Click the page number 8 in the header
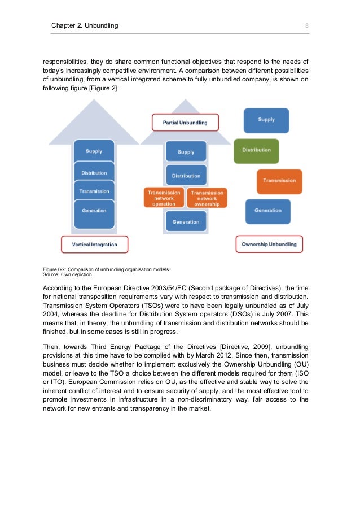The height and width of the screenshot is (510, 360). click(306, 25)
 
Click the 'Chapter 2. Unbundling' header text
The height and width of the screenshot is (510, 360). click(85, 25)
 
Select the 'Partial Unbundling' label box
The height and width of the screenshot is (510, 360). click(185, 123)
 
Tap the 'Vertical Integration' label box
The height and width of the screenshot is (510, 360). click(95, 245)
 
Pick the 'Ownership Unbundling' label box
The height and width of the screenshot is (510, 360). click(269, 245)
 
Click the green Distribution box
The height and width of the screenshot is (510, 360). click(256, 150)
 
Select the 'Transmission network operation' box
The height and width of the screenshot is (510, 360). click(164, 198)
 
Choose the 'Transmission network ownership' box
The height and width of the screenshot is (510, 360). click(207, 198)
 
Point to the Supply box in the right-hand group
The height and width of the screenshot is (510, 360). click(266, 120)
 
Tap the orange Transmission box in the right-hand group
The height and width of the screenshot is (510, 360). click(279, 181)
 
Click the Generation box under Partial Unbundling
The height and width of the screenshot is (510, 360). click(186, 222)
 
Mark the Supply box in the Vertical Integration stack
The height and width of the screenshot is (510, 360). click(94, 151)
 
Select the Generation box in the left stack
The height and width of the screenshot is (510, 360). click(94, 211)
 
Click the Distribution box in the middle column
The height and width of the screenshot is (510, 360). click(186, 175)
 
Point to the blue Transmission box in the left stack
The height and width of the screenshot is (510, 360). click(94, 191)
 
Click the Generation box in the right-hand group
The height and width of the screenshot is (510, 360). click(268, 211)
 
